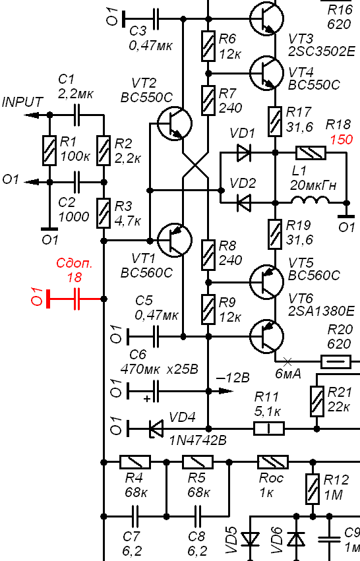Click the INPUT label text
click(x=22, y=102)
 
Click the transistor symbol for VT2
click(x=175, y=123)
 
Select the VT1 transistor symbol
click(x=175, y=240)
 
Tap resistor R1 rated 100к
click(x=49, y=150)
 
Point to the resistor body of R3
click(x=104, y=213)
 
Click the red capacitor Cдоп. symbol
click(x=76, y=299)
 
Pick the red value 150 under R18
click(x=341, y=140)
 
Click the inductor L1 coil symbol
click(x=310, y=200)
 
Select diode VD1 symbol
click(x=244, y=153)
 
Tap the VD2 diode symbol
click(x=244, y=203)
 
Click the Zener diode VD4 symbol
click(x=156, y=428)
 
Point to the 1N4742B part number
click(x=198, y=440)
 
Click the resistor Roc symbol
click(x=273, y=462)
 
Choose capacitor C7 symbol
click(x=135, y=516)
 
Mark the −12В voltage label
click(x=233, y=378)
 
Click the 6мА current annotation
click(x=287, y=374)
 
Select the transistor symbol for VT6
click(x=267, y=337)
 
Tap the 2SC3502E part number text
click(x=322, y=51)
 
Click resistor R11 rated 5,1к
click(x=269, y=428)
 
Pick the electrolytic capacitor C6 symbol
click(x=156, y=391)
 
